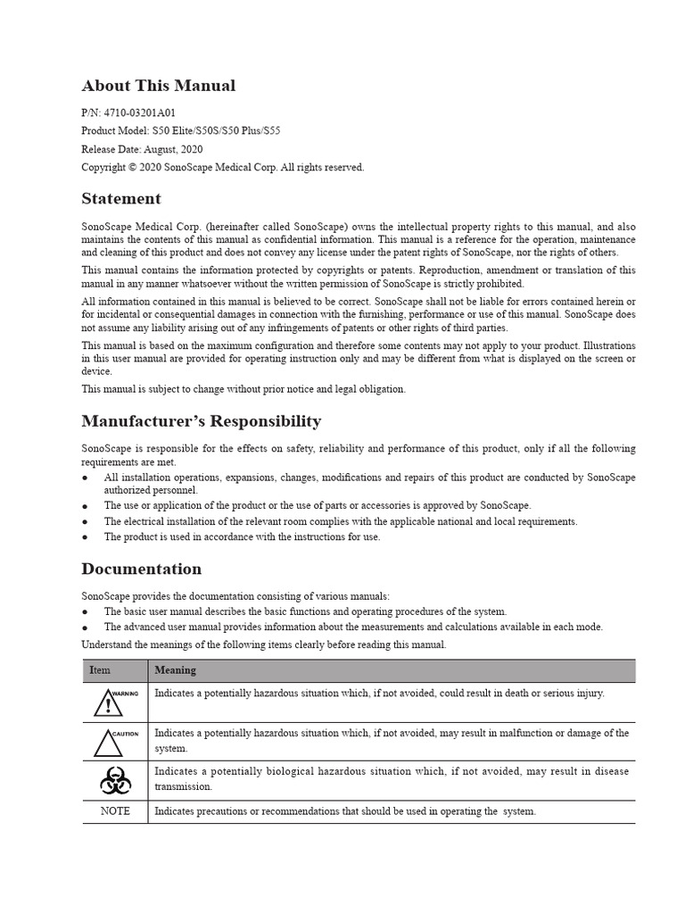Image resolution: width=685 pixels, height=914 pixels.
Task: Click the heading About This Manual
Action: [x=159, y=87]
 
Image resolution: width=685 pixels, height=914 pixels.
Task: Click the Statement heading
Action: [x=121, y=199]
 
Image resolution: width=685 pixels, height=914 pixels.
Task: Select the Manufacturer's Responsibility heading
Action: [x=201, y=421]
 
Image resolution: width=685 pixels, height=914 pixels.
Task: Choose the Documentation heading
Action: [x=141, y=569]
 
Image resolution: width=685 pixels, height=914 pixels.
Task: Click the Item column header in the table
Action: [x=100, y=670]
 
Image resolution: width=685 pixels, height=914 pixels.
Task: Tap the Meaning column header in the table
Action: [x=175, y=670]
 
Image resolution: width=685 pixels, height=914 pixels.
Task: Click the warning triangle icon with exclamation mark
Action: [x=108, y=703]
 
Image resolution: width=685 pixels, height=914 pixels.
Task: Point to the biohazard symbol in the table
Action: [x=115, y=781]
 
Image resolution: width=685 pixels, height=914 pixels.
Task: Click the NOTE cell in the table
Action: [x=115, y=811]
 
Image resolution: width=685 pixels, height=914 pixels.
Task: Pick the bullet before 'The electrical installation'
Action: [x=86, y=522]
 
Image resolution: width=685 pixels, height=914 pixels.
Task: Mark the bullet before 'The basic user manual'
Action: [x=86, y=612]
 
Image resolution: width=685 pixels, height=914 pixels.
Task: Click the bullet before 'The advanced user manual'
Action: [x=86, y=627]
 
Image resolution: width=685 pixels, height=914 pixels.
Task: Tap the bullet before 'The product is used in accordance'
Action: [x=86, y=537]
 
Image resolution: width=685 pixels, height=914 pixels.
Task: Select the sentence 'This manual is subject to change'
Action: [x=243, y=389]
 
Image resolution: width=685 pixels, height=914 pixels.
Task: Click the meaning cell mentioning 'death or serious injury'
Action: [x=379, y=694]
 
